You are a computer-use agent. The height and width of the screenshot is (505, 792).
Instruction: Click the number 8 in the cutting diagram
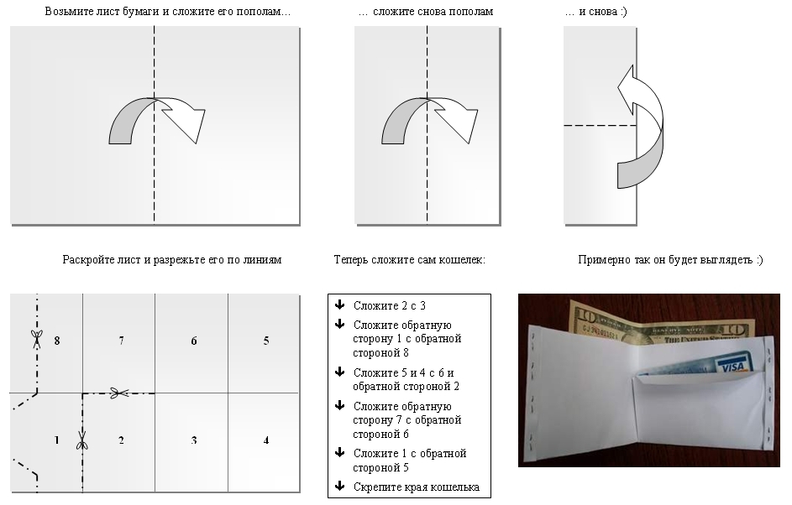(57, 341)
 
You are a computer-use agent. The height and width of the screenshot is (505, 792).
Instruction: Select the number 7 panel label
(121, 341)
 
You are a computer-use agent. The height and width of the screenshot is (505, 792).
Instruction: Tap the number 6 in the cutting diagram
(194, 341)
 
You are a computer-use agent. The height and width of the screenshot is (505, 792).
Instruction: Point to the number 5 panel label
(266, 341)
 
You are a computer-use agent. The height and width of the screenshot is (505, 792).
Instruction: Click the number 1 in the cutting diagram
(56, 440)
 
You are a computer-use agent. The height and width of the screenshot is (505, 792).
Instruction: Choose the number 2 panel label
(121, 440)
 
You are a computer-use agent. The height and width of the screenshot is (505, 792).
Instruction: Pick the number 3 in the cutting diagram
(194, 440)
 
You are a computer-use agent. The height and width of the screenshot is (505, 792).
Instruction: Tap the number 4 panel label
(266, 440)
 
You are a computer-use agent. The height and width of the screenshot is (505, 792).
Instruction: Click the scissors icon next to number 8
(36, 339)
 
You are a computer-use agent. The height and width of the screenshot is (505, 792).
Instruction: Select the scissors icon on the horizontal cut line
(119, 393)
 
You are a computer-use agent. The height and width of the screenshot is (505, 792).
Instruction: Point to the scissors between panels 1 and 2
(82, 440)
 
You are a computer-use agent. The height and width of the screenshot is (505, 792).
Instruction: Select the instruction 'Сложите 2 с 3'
(390, 305)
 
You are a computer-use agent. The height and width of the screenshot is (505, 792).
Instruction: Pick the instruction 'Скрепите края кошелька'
(417, 487)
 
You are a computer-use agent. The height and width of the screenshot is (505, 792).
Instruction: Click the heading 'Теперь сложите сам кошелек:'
(410, 260)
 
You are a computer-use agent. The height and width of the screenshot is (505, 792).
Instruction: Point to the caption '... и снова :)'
(596, 12)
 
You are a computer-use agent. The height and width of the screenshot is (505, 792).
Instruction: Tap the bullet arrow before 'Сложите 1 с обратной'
(340, 452)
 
